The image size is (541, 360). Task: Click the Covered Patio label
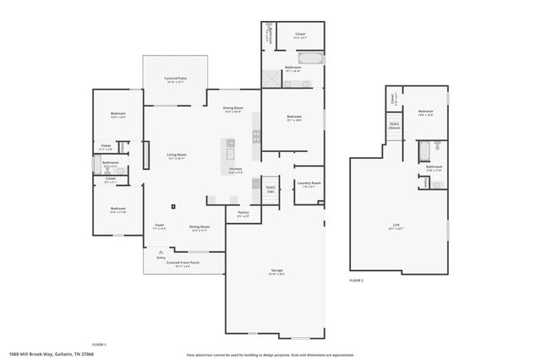point(177,78)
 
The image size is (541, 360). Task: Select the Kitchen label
point(236,169)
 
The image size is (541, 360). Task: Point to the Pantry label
point(243,212)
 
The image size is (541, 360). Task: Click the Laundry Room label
point(308,183)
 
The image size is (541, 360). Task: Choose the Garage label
point(276,270)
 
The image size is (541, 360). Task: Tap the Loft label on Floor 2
point(395,225)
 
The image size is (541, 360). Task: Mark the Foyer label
point(159,226)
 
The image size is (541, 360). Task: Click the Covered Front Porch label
point(183,263)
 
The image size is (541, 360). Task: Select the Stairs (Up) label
point(270,188)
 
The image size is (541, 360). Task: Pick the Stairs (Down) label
point(395,125)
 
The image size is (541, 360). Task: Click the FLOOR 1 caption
point(99,345)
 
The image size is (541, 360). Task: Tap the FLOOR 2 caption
point(356,280)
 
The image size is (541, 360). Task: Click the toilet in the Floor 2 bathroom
point(437,147)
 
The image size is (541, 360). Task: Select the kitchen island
point(229,150)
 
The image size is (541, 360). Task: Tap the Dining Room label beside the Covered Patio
point(233,108)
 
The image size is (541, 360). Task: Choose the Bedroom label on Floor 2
point(425,111)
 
